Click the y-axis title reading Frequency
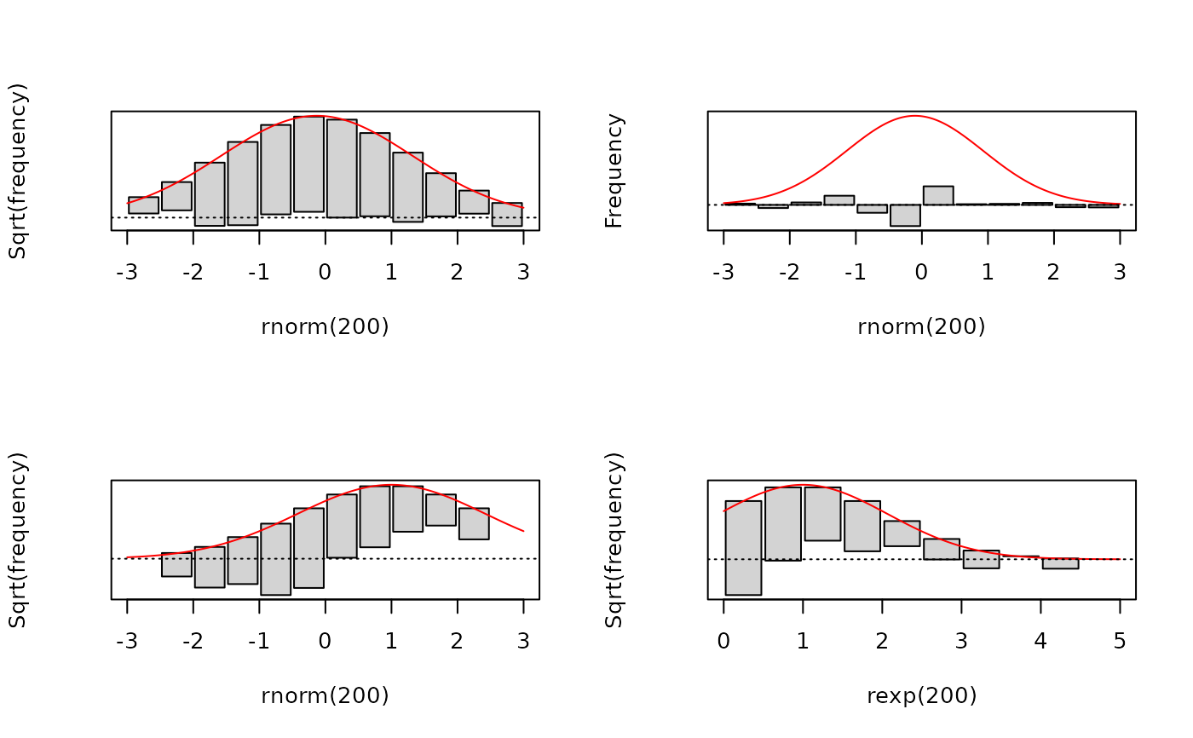tap(614, 170)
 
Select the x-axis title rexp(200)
tap(921, 696)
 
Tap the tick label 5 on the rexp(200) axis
tap(1120, 642)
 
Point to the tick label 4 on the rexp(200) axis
tap(1040, 642)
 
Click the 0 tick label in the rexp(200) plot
tap(723, 642)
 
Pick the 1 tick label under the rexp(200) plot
tap(803, 642)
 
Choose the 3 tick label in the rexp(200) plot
tap(961, 642)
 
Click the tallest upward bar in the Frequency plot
tap(938, 195)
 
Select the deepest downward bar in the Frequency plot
tap(905, 215)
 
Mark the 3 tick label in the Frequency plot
tap(1120, 273)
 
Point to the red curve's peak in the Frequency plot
tap(915, 116)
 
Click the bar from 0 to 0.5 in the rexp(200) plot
tap(743, 547)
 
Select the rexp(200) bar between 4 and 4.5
tap(1060, 563)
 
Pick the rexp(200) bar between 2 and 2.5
tap(902, 533)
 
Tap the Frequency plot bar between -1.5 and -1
tap(839, 200)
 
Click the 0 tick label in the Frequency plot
tap(921, 273)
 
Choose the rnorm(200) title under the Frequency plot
tap(921, 326)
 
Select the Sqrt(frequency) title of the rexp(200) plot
tap(614, 540)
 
